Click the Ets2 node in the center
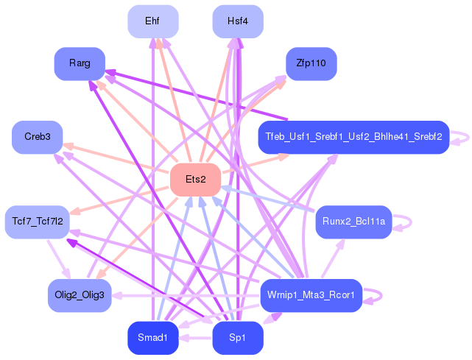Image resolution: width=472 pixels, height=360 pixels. tap(196, 180)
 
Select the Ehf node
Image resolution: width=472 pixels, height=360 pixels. tap(152, 21)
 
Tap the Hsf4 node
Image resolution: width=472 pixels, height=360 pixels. tap(238, 21)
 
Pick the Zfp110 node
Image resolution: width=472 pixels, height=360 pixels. tap(311, 64)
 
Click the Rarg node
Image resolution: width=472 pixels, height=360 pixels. tap(80, 64)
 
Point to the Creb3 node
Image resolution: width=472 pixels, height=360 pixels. tap(38, 137)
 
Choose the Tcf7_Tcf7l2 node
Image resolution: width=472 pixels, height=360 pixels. tap(38, 221)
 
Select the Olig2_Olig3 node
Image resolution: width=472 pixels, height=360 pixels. tap(80, 295)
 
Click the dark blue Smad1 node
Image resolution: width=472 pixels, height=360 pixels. tap(152, 338)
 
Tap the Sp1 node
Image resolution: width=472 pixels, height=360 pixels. tap(238, 338)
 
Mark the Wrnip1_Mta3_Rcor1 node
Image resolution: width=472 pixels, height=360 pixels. tap(311, 295)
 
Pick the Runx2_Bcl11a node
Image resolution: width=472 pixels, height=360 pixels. tap(353, 221)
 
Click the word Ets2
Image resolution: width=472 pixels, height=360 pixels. tap(196, 180)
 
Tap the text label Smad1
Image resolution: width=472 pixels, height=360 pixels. tap(152, 338)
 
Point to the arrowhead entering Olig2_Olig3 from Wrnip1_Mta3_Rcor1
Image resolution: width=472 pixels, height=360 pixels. tap(116, 295)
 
